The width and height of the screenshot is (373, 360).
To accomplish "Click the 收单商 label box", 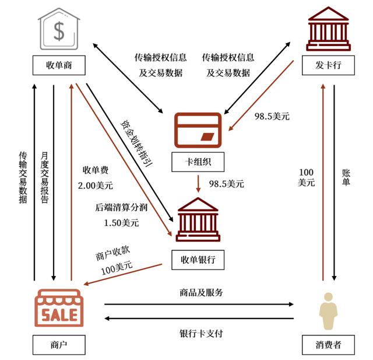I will pos(58,65).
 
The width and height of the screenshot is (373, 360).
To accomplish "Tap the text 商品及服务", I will pos(200,292).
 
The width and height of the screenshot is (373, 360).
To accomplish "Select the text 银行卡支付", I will pos(200,334).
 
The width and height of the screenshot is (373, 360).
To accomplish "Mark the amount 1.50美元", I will pos(121,222).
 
